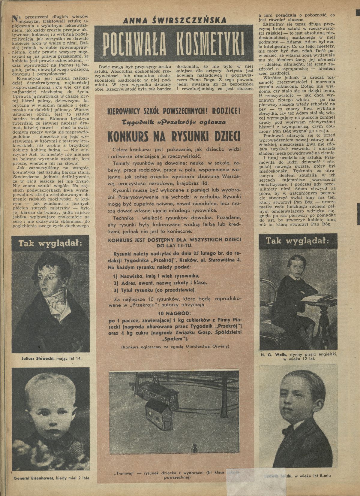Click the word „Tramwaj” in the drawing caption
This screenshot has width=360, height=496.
(123, 472)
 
